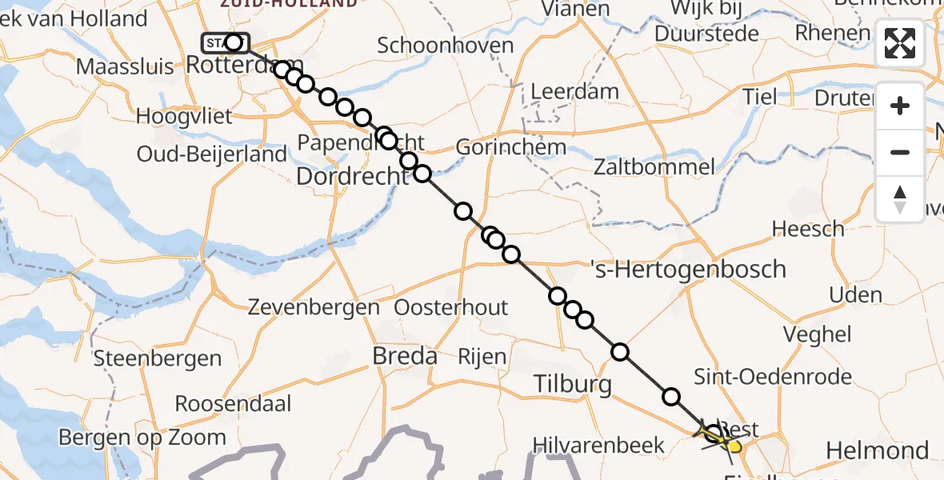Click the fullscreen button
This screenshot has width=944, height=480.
point(900,43)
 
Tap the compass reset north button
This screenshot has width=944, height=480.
point(900,199)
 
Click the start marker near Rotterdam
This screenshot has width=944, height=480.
point(226,42)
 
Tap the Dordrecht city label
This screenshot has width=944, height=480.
point(346,176)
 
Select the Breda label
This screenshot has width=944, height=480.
point(405,356)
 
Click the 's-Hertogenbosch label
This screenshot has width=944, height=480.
point(688,269)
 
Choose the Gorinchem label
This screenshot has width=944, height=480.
point(511,147)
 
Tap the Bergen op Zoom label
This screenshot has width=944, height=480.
point(142,438)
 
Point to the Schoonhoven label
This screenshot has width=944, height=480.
point(445,45)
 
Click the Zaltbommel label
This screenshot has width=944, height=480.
point(654,167)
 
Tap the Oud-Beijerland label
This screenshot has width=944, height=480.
point(211,154)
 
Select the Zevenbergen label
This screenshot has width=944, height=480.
point(314,306)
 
